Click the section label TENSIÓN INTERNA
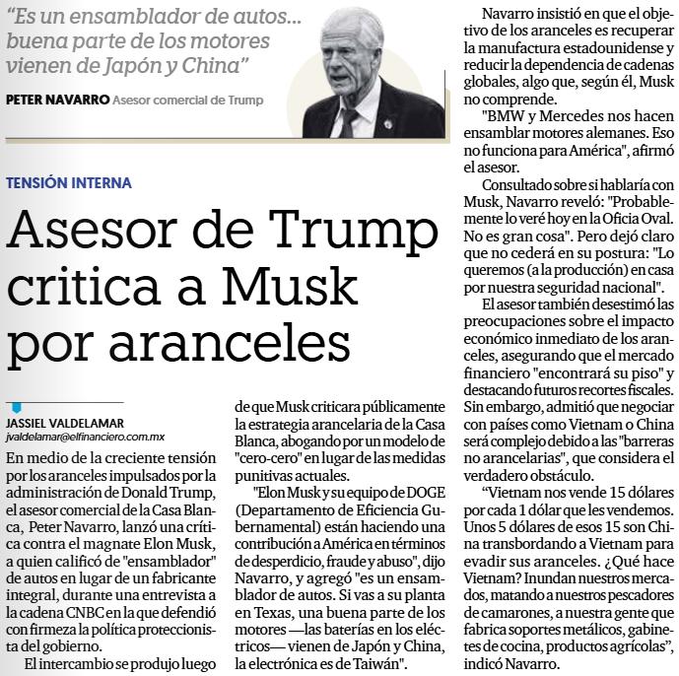(68, 184)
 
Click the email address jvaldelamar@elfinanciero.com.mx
(85, 436)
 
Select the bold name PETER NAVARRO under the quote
(56, 100)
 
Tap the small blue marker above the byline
(16, 408)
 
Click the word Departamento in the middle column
(293, 509)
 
